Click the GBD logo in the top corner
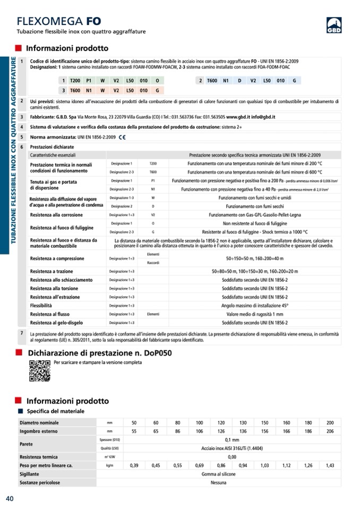(333, 25)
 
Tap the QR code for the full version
(39, 370)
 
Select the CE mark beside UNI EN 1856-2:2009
(122, 137)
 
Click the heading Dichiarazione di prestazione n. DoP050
(99, 352)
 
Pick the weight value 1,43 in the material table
(330, 465)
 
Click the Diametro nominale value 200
(330, 422)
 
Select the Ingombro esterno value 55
(134, 431)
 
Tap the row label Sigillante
(29, 474)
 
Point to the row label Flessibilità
(41, 306)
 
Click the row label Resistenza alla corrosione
(56, 215)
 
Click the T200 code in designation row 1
(75, 80)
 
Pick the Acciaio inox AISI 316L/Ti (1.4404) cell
(232, 448)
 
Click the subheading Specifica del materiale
(55, 411)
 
